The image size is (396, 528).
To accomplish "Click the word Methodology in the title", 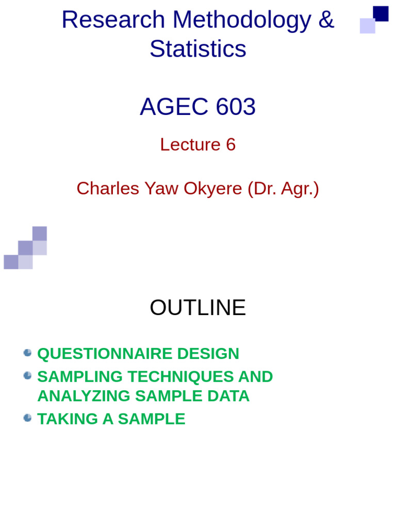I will [x=242, y=20].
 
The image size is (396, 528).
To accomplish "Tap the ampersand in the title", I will [x=326, y=20].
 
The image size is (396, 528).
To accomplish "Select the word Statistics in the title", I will [x=198, y=49].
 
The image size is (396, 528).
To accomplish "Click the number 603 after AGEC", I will [x=236, y=107].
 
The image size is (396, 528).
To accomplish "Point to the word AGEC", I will [x=174, y=107].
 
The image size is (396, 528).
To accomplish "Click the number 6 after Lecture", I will [x=230, y=144].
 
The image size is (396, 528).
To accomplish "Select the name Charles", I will [x=108, y=189].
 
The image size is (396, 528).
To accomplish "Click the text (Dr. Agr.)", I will [x=283, y=189].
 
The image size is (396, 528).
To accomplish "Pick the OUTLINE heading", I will [x=198, y=308].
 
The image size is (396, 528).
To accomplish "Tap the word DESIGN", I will [x=208, y=354].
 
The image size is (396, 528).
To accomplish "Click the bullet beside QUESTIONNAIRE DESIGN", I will [x=28, y=353].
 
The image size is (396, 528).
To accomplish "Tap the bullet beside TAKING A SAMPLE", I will [x=28, y=418].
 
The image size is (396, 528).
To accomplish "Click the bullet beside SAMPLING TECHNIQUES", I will [x=28, y=375].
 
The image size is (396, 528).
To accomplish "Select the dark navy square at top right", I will [x=381, y=13].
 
